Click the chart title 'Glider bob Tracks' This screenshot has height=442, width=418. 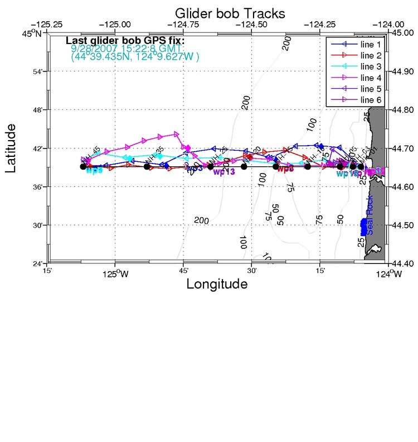(230, 12)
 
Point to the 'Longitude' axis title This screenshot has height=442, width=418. (216, 284)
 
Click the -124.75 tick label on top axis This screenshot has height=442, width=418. (183, 25)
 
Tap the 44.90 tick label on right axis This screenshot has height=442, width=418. (404, 71)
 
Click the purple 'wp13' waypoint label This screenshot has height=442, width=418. (224, 172)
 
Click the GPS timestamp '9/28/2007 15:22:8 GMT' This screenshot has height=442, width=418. (127, 49)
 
